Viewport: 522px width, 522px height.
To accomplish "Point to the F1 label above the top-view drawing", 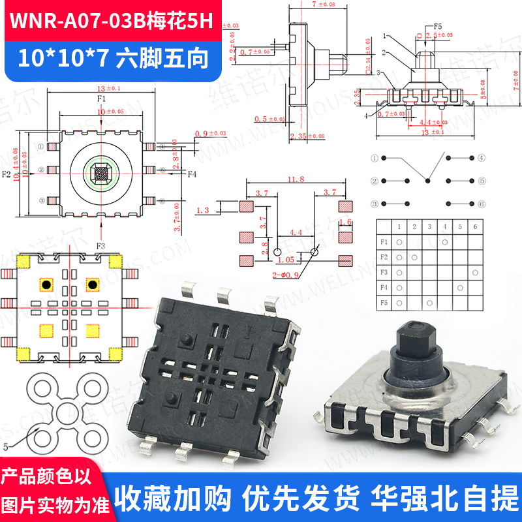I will (101, 99).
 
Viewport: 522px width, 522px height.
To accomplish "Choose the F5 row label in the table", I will (384, 303).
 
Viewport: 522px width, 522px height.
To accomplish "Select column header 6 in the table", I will (476, 226).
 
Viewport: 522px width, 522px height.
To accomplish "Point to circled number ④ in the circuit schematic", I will (481, 158).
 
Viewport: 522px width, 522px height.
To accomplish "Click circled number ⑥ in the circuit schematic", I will (481, 204).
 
